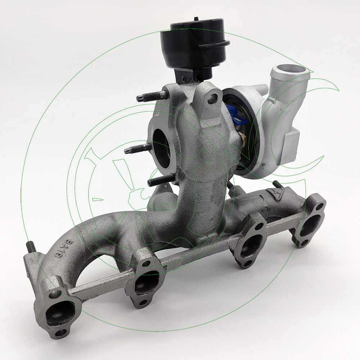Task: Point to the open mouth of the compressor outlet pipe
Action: point(288,68)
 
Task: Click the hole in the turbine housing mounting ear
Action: point(216,97)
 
